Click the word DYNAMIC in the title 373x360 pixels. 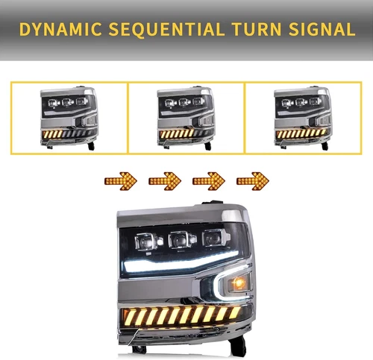[63, 29]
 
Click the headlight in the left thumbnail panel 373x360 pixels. [69, 118]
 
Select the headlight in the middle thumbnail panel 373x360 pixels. [186, 118]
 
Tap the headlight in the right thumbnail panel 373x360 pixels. [303, 118]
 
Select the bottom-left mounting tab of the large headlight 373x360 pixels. [138, 348]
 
